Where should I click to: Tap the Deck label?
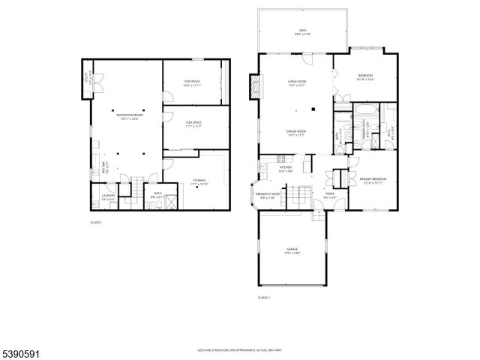(x=303, y=31)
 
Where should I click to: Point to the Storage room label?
(x=199, y=181)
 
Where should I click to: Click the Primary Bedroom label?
(x=372, y=181)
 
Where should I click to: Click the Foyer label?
(x=329, y=196)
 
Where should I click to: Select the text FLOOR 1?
(x=96, y=223)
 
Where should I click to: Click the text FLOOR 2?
(x=263, y=298)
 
